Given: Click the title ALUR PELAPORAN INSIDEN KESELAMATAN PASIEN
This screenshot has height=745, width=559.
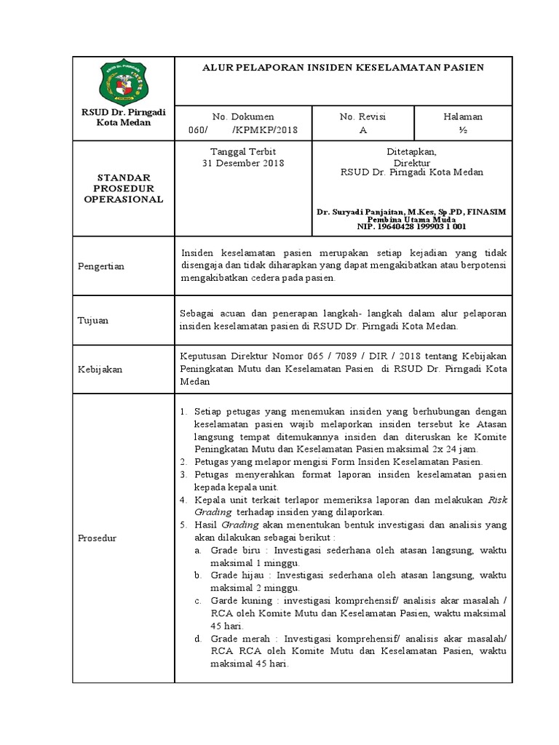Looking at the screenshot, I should [343, 67].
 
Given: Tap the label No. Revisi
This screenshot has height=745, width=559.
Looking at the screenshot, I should [362, 116].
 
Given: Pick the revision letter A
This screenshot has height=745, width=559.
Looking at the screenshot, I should [362, 130].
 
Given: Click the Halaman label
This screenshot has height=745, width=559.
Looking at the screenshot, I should [463, 116].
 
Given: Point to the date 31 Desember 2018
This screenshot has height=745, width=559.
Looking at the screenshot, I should [242, 163].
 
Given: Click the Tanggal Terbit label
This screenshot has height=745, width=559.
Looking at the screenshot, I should [242, 151].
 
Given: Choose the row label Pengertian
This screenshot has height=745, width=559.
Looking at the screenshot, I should [101, 266].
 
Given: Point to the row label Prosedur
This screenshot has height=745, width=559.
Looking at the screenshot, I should [98, 538].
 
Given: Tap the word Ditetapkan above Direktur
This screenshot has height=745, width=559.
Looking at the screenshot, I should [411, 151].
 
